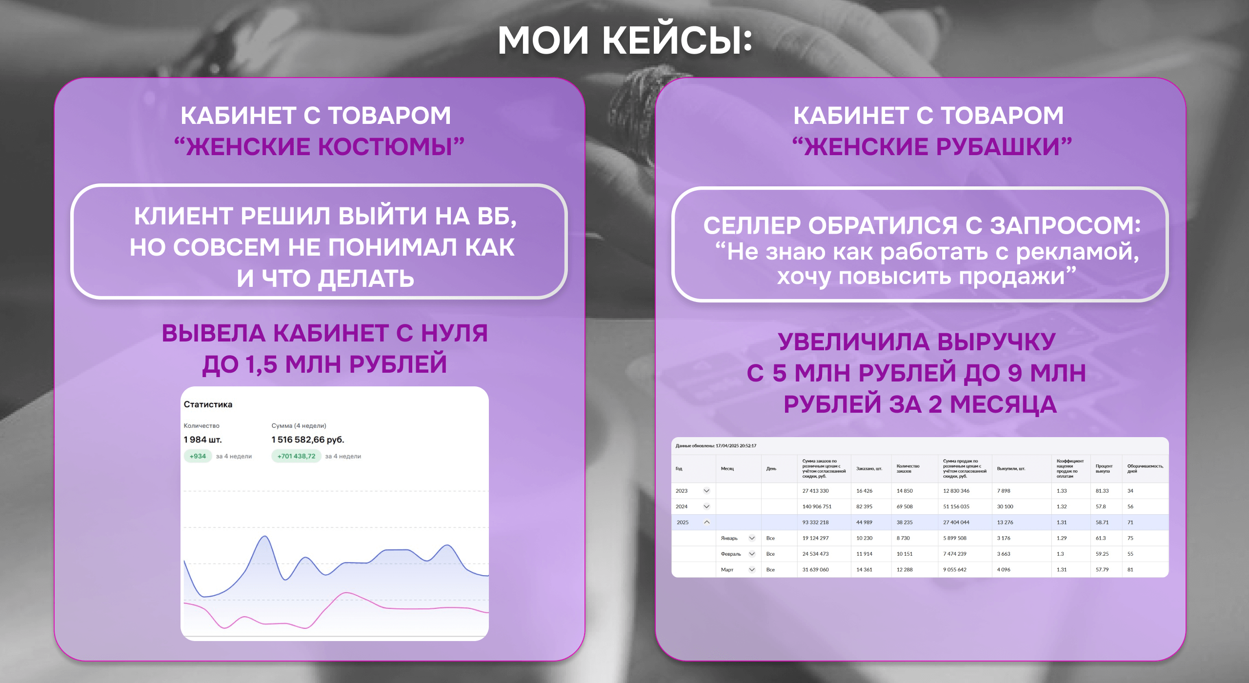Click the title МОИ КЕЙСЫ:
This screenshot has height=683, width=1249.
(624, 40)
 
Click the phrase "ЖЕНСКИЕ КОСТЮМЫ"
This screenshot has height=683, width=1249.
(320, 146)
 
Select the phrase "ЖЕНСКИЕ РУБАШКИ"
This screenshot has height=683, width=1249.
(932, 146)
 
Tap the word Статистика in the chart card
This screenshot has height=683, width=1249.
(208, 404)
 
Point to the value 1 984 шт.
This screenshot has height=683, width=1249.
(202, 440)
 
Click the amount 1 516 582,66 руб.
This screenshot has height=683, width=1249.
(308, 440)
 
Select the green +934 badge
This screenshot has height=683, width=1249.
(198, 456)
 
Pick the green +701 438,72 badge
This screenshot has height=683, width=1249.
(296, 456)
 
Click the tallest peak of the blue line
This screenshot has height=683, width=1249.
(265, 537)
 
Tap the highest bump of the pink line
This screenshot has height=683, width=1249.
(346, 593)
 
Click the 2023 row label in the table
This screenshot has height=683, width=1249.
(682, 491)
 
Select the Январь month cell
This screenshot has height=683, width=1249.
(729, 538)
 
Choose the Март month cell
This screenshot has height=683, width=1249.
(727, 570)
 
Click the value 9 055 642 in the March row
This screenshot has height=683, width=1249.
(955, 570)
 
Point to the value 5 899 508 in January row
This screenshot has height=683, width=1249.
(955, 538)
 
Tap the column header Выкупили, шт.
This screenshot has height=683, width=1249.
(1011, 469)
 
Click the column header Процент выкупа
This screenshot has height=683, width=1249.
(1104, 469)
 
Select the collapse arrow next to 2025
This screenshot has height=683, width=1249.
(706, 522)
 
